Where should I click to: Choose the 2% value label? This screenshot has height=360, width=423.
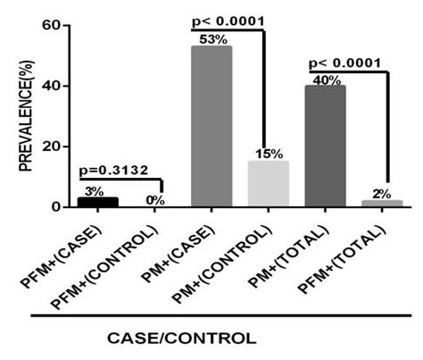(x=385, y=194)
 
